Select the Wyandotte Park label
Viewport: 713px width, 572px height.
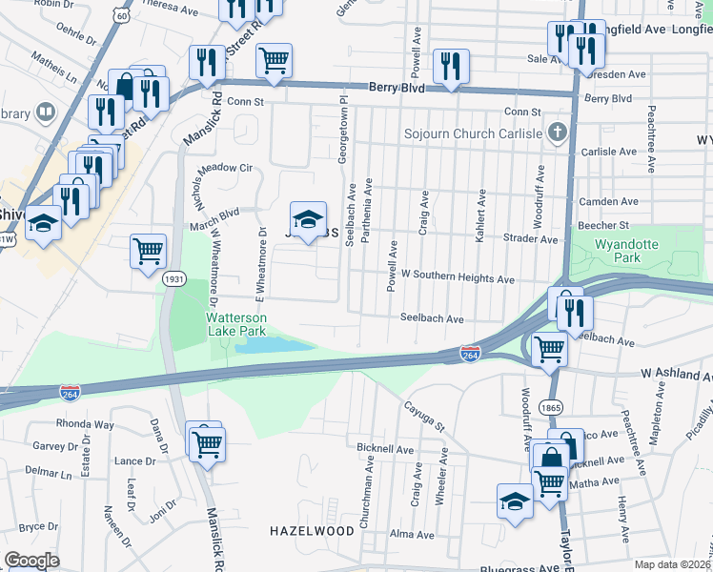pyautogui.click(x=626, y=251)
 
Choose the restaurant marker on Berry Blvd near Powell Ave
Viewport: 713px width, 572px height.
pyautogui.click(x=449, y=66)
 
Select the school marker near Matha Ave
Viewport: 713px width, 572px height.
pyautogui.click(x=514, y=500)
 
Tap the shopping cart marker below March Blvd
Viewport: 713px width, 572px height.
pyautogui.click(x=148, y=252)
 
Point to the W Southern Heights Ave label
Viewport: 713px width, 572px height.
pyautogui.click(x=458, y=279)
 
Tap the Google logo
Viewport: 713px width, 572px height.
pyautogui.click(x=31, y=561)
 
